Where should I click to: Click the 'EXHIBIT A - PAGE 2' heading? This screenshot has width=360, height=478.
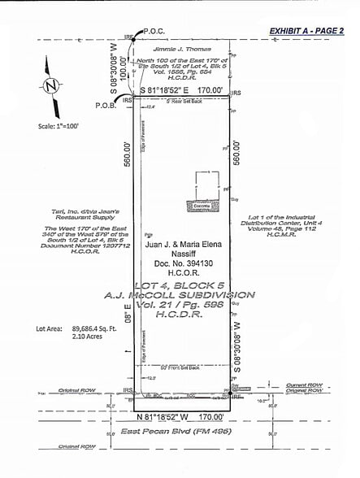click(x=311, y=31)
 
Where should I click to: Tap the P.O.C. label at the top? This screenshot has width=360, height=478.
click(x=154, y=31)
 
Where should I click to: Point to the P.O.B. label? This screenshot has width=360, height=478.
click(x=106, y=105)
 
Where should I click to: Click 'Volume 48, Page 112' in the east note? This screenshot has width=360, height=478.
click(x=287, y=240)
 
